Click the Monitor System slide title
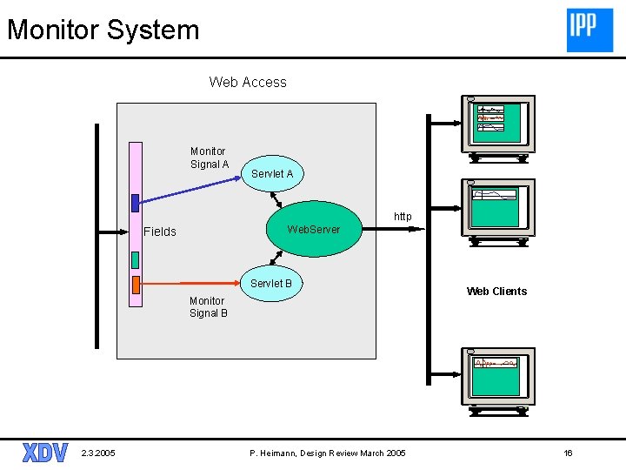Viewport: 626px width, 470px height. pos(103,30)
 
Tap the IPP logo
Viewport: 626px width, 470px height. pos(589,30)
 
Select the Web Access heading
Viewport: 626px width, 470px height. pos(248,83)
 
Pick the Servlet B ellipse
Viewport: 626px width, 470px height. pos(270,284)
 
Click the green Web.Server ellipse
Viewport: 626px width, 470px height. pos(313,230)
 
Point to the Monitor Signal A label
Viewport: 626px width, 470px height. pos(209,158)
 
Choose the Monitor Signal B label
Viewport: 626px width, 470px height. pos(208,307)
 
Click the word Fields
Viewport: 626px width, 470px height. pos(160,232)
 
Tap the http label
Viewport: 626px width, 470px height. pos(403,216)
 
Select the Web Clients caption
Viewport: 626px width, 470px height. pos(496,292)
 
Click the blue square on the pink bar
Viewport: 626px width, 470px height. pos(135,203)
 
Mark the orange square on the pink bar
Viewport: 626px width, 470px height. pos(135,285)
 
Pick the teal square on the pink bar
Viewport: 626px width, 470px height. pos(135,259)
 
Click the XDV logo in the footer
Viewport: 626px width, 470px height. pos(44,453)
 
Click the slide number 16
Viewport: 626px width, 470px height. pos(568,453)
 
